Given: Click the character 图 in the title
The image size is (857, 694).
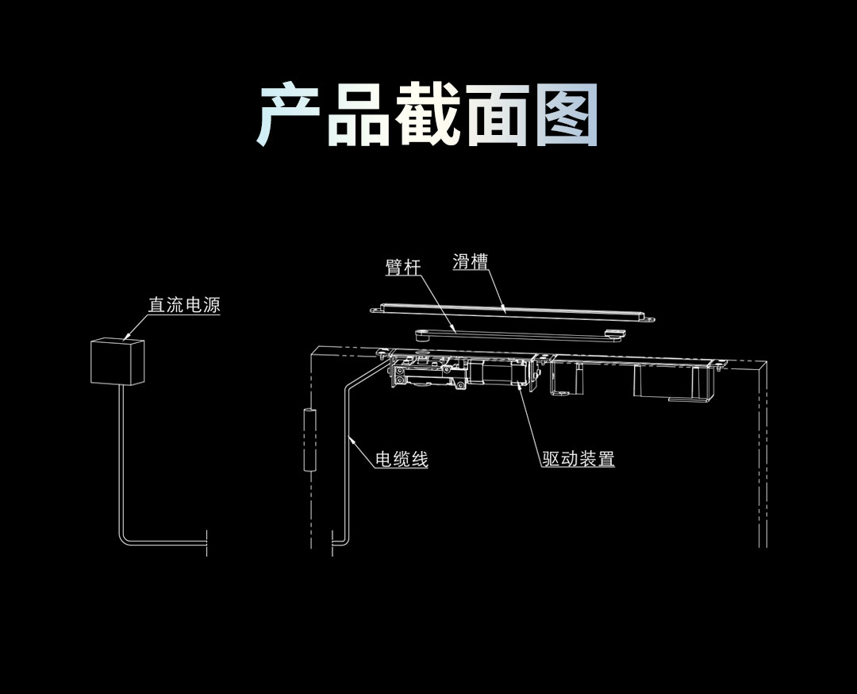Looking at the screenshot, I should [564, 116].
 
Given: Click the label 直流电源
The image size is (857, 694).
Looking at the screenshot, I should [184, 305].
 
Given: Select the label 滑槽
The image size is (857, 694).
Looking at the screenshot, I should [470, 261].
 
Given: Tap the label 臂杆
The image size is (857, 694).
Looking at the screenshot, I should [402, 268].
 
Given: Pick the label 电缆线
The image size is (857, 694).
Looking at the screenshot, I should [402, 459].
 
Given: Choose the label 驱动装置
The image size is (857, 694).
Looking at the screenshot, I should [578, 459].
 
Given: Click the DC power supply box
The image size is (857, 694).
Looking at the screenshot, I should [117, 361].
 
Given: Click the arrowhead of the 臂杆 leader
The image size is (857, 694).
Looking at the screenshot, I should [455, 330].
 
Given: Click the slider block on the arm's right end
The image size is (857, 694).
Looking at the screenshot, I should [613, 334].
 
